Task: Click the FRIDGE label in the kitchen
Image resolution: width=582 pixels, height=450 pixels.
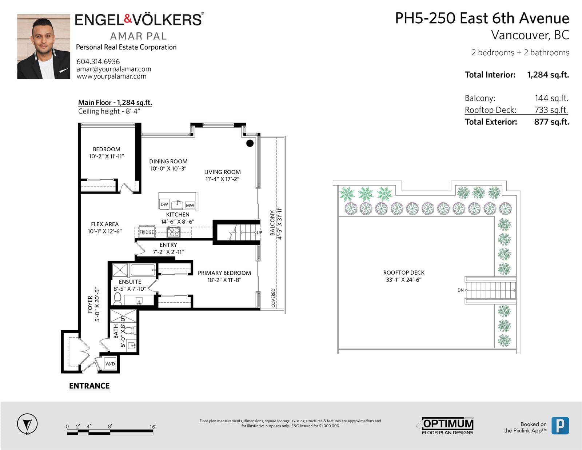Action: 147,232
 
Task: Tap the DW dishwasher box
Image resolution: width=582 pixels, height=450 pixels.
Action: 164,204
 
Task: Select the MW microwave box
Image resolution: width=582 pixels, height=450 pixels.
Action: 190,205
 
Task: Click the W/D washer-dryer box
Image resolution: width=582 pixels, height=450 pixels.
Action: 110,364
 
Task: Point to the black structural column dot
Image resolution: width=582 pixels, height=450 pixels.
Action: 250,143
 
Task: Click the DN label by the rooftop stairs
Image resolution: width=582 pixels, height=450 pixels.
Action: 461,290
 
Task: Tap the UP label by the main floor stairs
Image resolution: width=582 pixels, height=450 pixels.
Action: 259,232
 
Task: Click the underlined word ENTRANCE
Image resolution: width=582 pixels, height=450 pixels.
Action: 89,386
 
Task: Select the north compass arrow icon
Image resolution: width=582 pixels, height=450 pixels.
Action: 27,424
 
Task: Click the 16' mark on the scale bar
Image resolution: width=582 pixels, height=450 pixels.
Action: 153,427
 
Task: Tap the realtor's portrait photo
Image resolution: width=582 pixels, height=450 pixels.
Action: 44,47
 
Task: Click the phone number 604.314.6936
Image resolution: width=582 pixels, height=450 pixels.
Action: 98,61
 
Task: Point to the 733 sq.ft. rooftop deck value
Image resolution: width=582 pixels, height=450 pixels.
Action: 551,110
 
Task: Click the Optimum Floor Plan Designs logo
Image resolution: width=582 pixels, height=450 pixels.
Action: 445,426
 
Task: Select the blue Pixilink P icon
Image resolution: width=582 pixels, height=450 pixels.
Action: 560,426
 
